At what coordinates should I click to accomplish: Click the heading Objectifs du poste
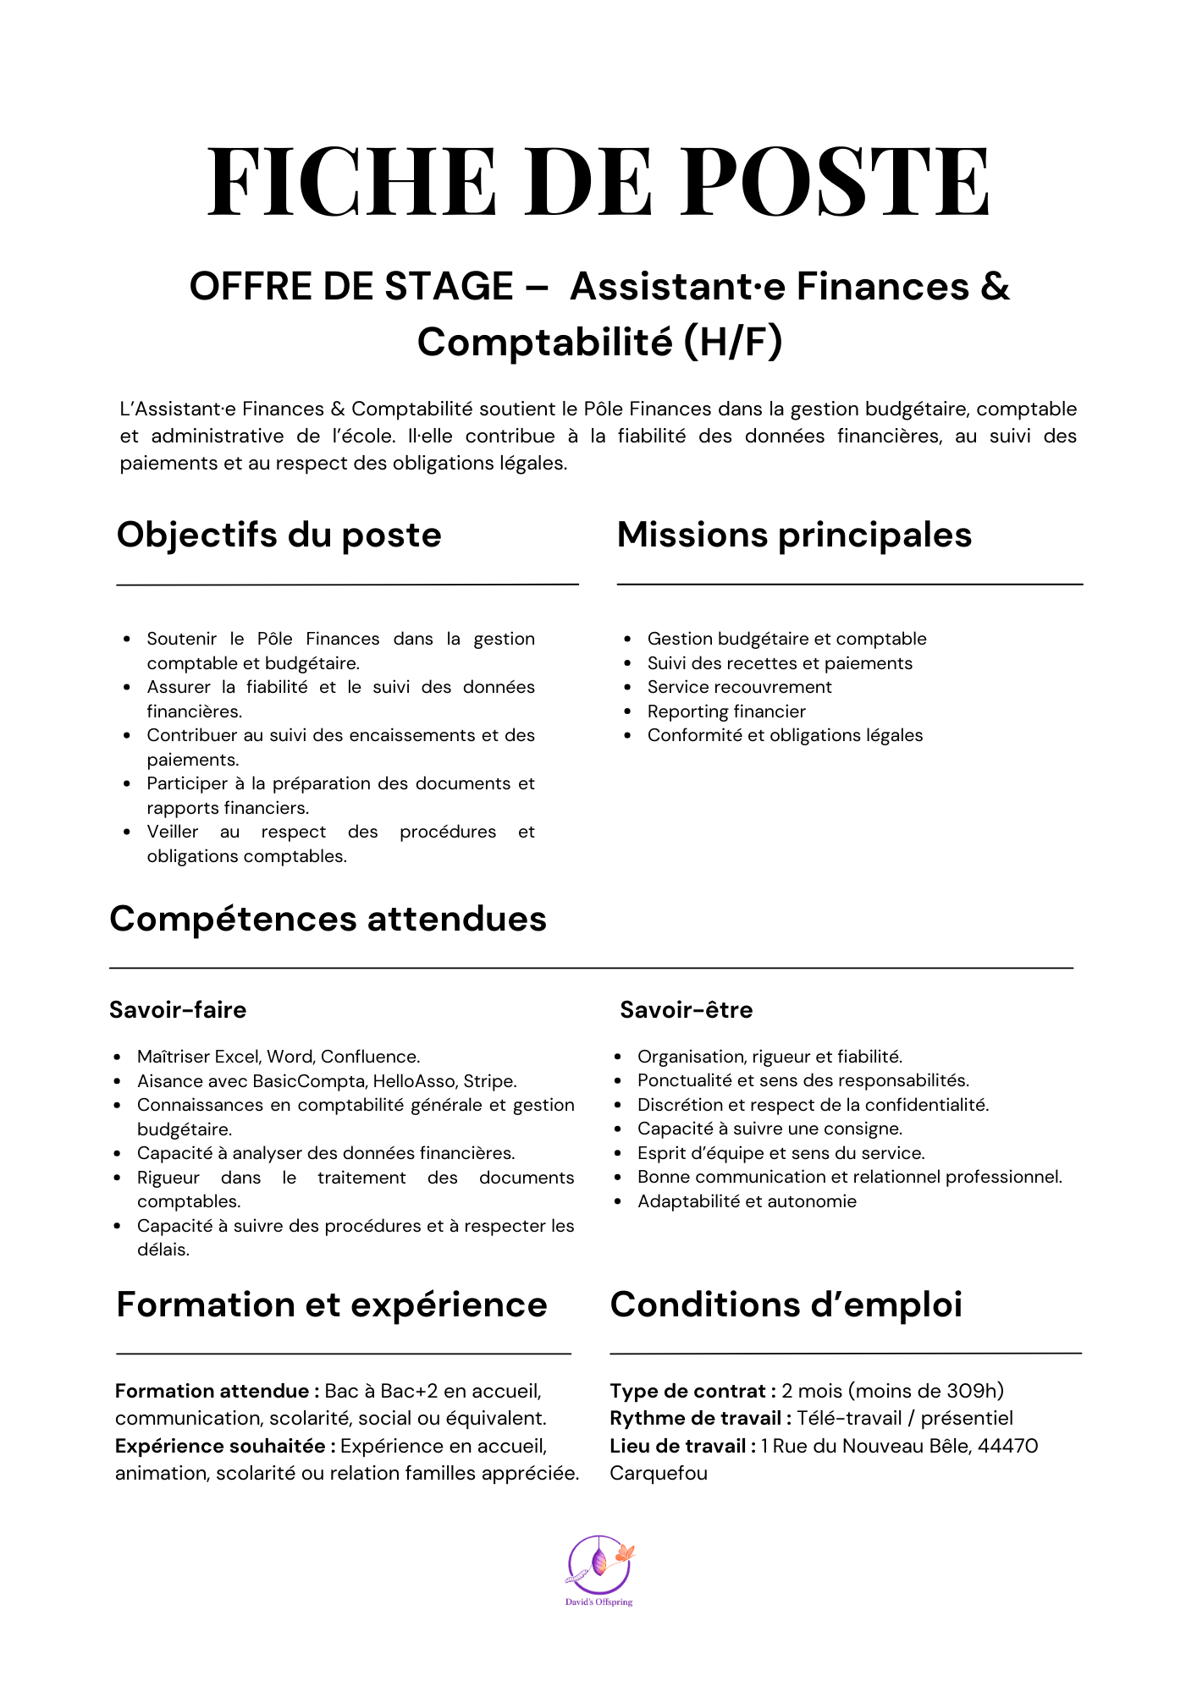279,535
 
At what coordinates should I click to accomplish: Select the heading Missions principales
794,535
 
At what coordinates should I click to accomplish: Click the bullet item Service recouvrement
739,687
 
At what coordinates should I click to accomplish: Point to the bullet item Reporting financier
726,711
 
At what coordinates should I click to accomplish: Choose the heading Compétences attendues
328,919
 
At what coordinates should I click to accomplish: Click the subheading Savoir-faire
178,1009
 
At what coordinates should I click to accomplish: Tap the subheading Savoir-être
687,1009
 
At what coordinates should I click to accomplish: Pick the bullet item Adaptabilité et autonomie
747,1201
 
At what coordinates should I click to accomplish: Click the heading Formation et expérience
332,1305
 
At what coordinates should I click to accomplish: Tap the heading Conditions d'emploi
786,1305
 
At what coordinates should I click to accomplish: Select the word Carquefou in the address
659,1473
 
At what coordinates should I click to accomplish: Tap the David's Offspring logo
599,1569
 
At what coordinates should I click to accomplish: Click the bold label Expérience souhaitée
221,1446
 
